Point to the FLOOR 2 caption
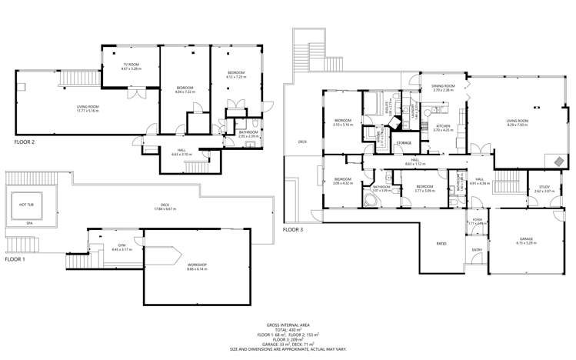point(25,142)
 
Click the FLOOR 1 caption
point(15,259)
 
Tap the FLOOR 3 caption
point(294,229)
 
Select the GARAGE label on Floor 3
point(525,239)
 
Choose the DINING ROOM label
point(444,87)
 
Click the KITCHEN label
point(443,126)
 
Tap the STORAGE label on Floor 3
point(404,143)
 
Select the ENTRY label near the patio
point(476,249)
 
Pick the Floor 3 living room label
point(517,122)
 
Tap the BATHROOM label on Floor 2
point(248,132)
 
